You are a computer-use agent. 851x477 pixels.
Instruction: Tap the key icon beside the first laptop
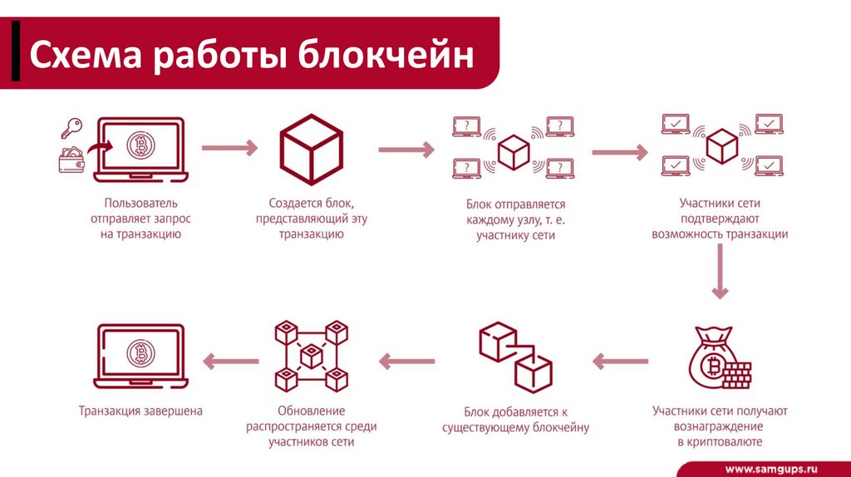[x=71, y=128]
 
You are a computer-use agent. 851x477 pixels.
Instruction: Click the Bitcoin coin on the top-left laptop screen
[x=141, y=147]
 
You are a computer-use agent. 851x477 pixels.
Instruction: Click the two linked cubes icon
[x=515, y=357]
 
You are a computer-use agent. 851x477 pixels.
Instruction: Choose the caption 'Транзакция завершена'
[x=140, y=411]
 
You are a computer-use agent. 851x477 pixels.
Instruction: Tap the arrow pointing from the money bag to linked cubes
[x=619, y=360]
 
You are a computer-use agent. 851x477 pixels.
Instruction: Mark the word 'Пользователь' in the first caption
[x=140, y=203]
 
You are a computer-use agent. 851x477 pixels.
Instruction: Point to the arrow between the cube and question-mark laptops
[x=406, y=150]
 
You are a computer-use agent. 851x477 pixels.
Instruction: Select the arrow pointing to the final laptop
[x=230, y=360]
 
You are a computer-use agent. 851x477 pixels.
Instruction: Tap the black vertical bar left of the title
[x=16, y=54]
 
